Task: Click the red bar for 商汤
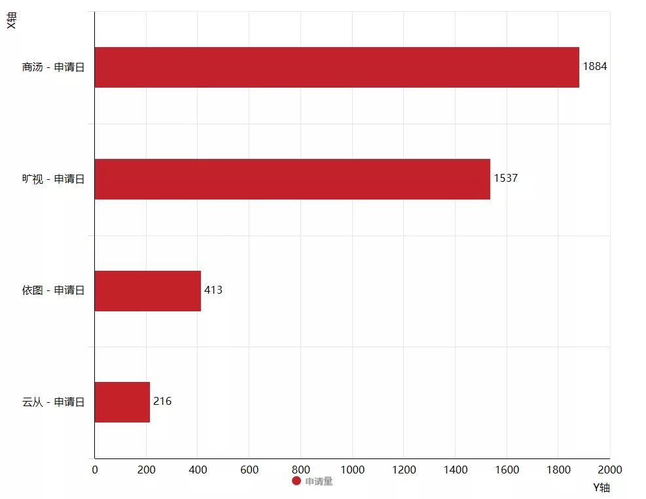click(x=336, y=67)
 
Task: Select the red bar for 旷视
click(x=292, y=179)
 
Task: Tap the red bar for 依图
click(x=147, y=290)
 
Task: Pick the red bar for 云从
click(x=122, y=402)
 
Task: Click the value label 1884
click(x=595, y=67)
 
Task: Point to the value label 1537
click(x=505, y=178)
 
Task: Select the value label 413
click(x=213, y=290)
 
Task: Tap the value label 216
click(x=162, y=401)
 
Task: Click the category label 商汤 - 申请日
click(x=53, y=67)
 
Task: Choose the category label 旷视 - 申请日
click(x=53, y=179)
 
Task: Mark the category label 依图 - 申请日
click(x=53, y=290)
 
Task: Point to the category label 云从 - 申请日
click(x=53, y=402)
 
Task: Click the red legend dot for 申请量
click(x=296, y=481)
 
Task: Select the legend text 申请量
click(x=319, y=481)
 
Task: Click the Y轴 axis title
click(x=601, y=488)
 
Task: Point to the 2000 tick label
click(x=609, y=470)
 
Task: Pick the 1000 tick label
click(x=352, y=470)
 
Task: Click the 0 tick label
click(x=95, y=470)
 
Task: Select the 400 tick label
click(x=198, y=470)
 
